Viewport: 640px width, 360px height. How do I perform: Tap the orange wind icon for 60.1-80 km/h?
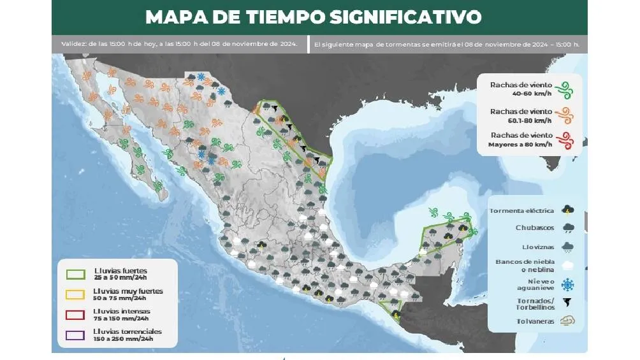(564, 115)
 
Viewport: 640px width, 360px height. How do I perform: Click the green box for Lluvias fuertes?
(76, 274)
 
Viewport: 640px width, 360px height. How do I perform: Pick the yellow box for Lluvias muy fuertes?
(76, 294)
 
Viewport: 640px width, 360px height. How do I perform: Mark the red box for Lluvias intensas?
(76, 315)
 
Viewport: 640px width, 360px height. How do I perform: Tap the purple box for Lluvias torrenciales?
(76, 335)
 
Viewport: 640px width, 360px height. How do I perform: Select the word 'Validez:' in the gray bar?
(75, 44)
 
